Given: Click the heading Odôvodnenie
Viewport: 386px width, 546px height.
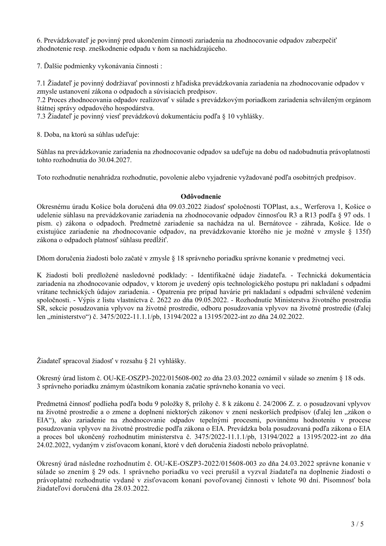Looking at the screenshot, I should pos(201,197).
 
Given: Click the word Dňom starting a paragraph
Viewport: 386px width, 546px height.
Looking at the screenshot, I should pos(44,258).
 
